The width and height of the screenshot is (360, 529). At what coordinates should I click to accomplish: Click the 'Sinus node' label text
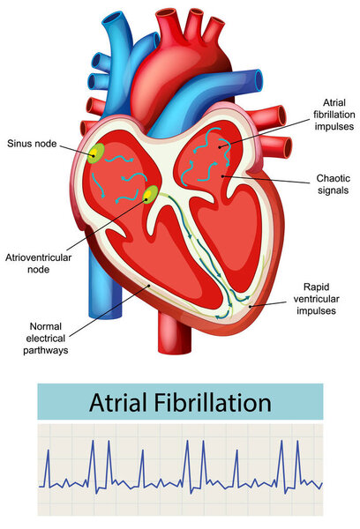(32, 144)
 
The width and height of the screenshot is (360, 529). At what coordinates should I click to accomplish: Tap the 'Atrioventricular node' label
(38, 264)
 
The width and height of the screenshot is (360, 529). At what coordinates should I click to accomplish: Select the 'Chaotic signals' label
(333, 184)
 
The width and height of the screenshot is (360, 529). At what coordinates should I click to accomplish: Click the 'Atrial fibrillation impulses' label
(334, 115)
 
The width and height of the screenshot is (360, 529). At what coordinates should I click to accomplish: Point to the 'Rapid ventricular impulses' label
(316, 299)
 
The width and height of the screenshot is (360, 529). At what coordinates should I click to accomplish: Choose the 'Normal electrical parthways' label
(46, 338)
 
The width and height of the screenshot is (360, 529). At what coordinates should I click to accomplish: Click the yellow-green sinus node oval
(96, 153)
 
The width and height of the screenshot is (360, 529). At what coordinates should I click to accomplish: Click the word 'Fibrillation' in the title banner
(213, 403)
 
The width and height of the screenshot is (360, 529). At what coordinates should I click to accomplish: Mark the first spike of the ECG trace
(48, 468)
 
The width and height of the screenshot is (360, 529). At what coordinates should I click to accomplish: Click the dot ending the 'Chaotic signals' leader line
(222, 176)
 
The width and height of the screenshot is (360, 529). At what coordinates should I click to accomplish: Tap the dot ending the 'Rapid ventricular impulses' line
(250, 306)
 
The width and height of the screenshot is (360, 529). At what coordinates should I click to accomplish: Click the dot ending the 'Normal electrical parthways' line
(148, 286)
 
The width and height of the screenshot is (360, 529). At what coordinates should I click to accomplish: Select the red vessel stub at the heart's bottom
(174, 333)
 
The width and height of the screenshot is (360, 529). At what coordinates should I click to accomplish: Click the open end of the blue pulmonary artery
(259, 80)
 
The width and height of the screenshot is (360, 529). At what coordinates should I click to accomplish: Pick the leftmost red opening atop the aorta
(168, 13)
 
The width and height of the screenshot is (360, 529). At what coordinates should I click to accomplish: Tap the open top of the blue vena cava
(115, 21)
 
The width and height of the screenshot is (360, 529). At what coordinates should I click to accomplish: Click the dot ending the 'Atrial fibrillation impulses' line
(220, 146)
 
